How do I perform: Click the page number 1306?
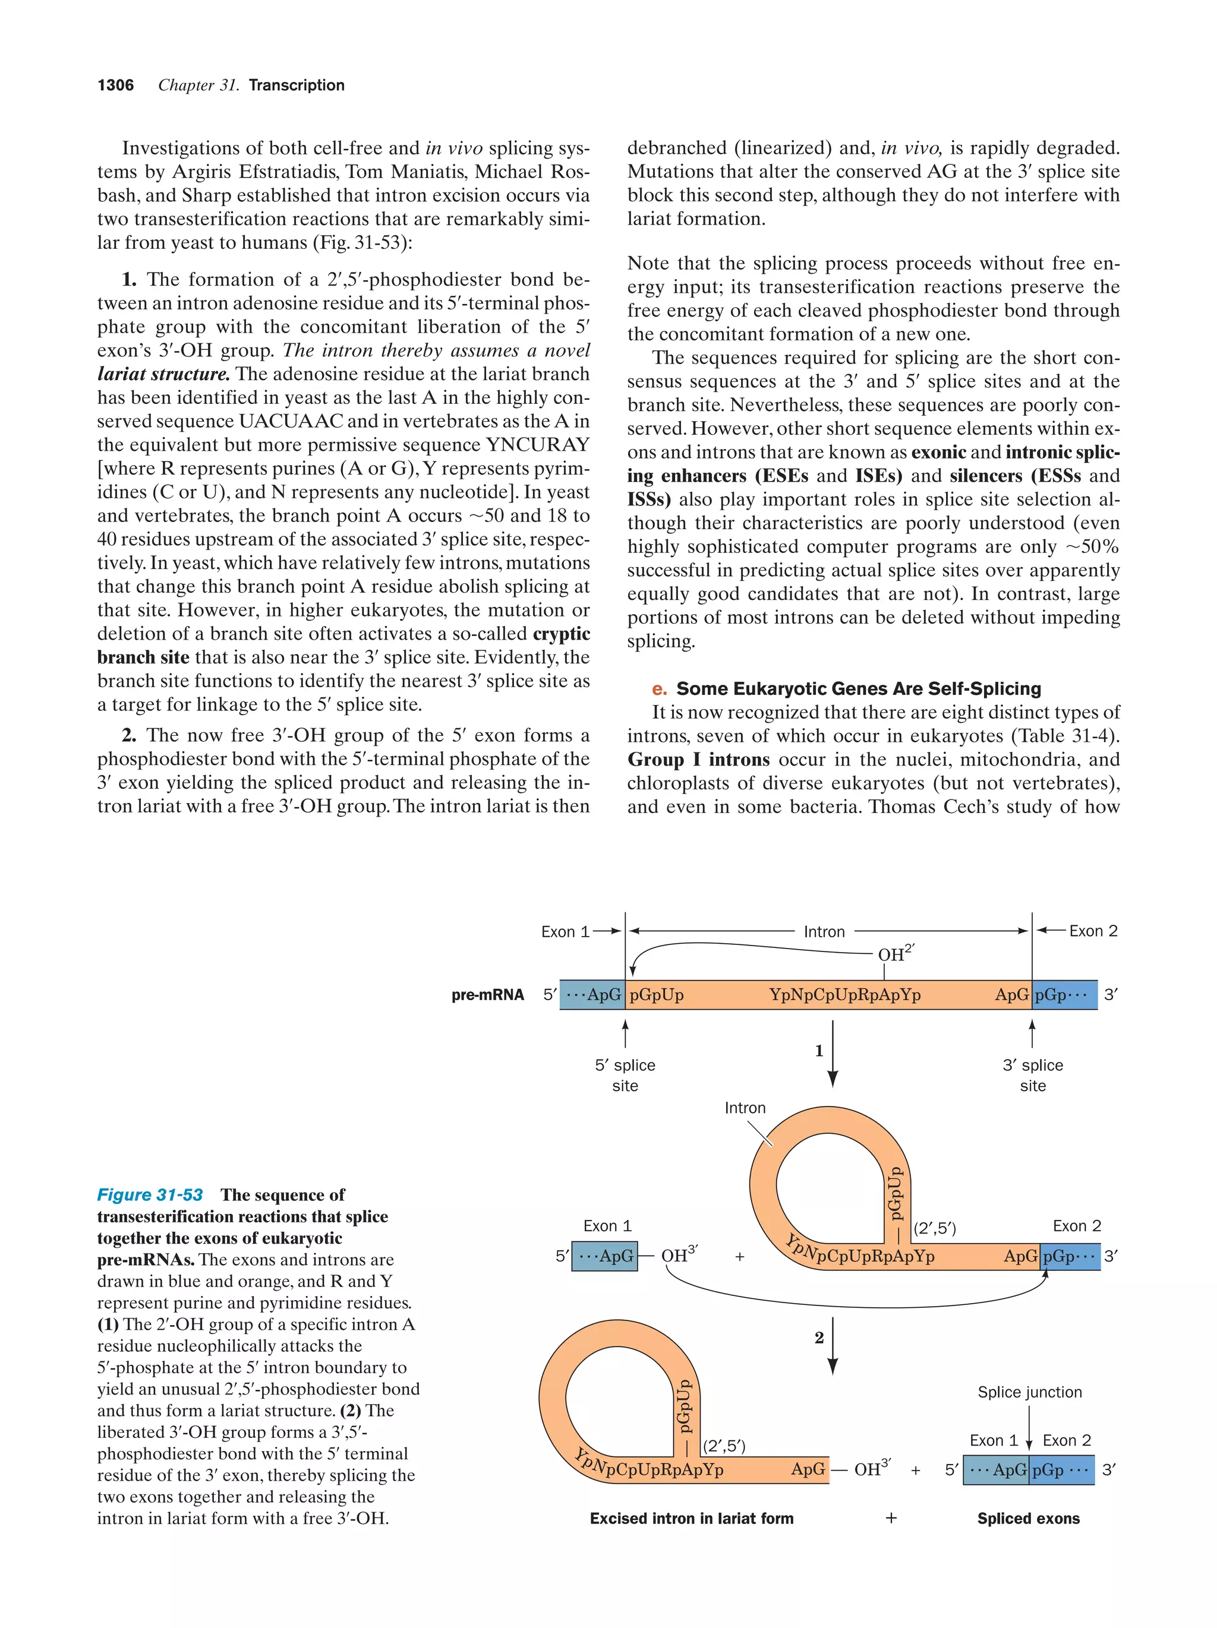pos(116,86)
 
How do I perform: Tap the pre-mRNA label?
pos(487,995)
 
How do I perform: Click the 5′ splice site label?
pos(625,1075)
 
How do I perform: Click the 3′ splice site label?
pos(1032,1075)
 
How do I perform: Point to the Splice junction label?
pos(1029,1392)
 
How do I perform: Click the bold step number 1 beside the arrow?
pos(819,1051)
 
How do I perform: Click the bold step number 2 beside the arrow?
pos(819,1338)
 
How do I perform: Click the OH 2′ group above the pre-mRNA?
pos(894,954)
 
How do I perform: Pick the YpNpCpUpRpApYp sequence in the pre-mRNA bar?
pos(844,995)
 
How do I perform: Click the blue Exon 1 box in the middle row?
pos(604,1256)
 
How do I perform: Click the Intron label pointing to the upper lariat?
pos(745,1108)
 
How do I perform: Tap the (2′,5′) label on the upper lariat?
pos(934,1228)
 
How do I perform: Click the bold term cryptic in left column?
pos(561,634)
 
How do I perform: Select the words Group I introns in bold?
pos(698,760)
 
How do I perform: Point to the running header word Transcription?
pos(296,86)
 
